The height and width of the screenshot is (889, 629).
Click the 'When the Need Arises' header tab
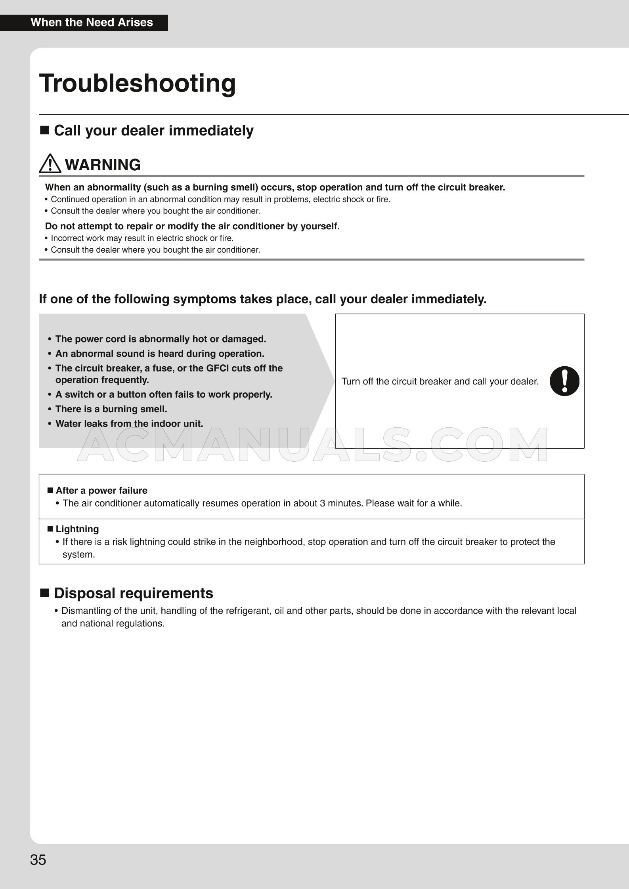[92, 23]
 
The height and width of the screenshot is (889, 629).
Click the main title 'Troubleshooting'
[137, 83]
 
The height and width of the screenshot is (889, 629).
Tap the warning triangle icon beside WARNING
[50, 164]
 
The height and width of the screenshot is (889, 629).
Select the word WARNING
[103, 165]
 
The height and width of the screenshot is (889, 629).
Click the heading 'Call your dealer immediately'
[153, 131]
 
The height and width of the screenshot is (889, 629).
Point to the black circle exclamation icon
[564, 381]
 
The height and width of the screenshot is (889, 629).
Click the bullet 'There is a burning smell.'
[111, 409]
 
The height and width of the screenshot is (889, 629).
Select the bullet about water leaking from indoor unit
[129, 424]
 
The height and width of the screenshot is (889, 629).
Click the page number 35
[38, 860]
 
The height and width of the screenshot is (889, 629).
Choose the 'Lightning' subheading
[77, 529]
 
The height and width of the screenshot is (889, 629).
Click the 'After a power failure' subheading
[101, 491]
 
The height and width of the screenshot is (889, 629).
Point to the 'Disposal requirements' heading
[133, 593]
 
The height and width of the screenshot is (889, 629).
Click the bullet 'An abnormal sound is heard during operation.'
[160, 354]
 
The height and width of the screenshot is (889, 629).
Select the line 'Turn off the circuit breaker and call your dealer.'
[440, 381]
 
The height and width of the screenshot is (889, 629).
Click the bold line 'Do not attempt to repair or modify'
[192, 226]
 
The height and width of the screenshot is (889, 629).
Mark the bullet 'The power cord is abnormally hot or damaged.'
[161, 339]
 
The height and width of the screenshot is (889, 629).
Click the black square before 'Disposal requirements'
[45, 593]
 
